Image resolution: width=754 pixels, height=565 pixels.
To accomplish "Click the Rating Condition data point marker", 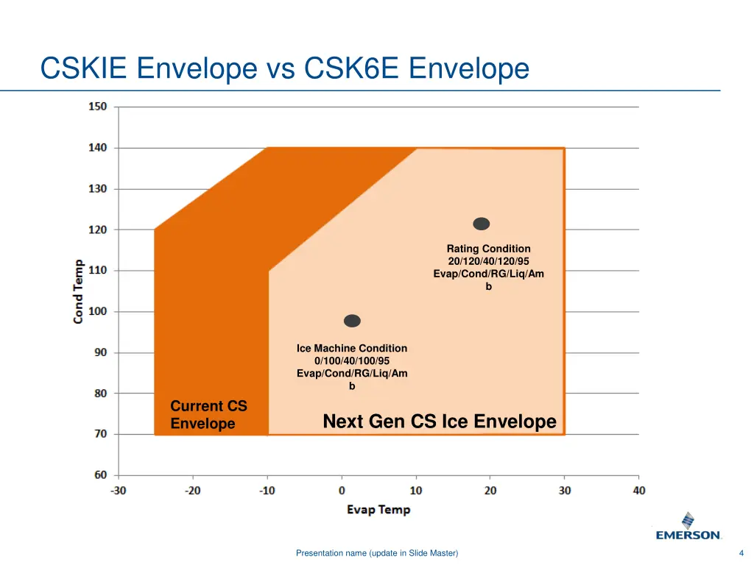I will [x=481, y=224].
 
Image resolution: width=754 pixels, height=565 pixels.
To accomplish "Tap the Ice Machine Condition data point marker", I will [x=352, y=321].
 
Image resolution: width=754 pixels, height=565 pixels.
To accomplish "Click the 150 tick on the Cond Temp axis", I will [x=98, y=106].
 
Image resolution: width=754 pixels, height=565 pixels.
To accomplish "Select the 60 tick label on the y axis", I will [x=99, y=475].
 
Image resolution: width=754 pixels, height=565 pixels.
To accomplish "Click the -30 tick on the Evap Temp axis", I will [x=119, y=490].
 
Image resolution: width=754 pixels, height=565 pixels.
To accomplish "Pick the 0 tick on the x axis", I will [x=342, y=490].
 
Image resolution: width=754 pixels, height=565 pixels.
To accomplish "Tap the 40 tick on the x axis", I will [x=638, y=490].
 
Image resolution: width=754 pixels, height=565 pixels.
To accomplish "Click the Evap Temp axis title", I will [x=378, y=509].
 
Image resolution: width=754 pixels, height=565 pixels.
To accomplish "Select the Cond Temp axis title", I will [x=78, y=291].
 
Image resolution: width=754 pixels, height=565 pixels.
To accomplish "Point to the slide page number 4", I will [x=741, y=553].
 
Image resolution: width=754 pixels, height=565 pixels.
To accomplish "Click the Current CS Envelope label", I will [x=208, y=415].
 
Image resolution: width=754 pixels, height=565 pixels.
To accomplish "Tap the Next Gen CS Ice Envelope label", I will [x=440, y=422].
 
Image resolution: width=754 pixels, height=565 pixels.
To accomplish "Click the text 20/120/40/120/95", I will [x=488, y=261].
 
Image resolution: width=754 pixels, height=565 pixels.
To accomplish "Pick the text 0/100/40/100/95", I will [x=352, y=360].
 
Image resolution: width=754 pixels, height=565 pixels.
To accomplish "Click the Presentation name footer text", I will [x=376, y=553].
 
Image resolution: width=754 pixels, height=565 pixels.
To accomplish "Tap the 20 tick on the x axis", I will [x=490, y=490].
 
